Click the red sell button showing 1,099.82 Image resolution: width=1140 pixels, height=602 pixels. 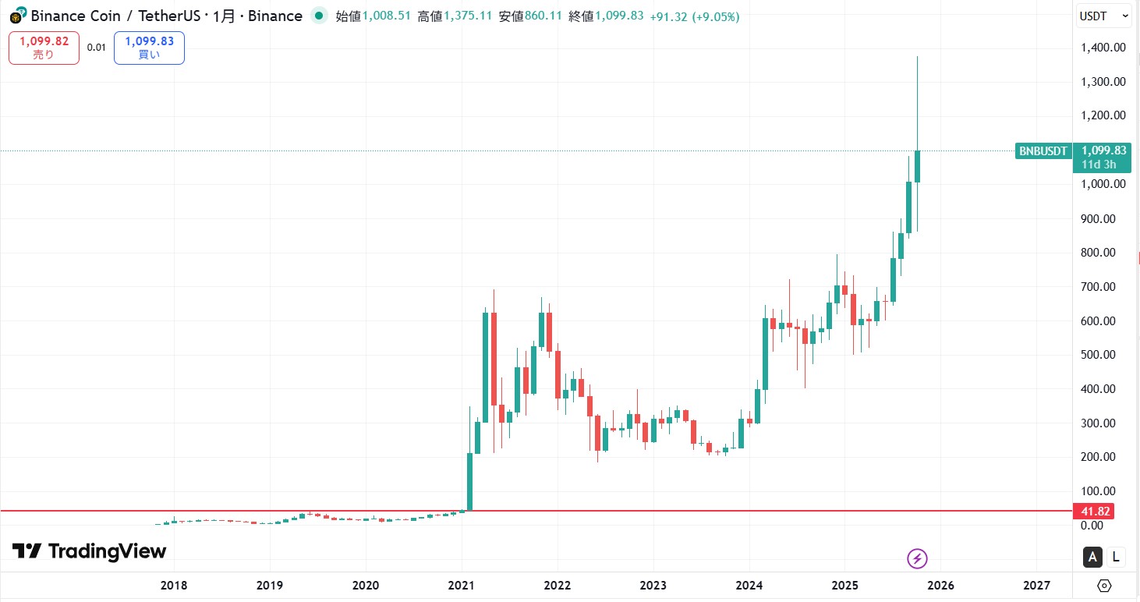pyautogui.click(x=44, y=48)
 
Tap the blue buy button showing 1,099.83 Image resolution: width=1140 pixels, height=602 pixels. pyautogui.click(x=149, y=48)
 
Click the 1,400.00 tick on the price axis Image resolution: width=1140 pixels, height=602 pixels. pyautogui.click(x=1103, y=48)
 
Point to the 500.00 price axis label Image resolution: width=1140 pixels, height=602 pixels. pyautogui.click(x=1103, y=355)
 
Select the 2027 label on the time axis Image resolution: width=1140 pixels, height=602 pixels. pyautogui.click(x=1036, y=586)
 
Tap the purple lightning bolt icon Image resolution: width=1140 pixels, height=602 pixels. pyautogui.click(x=918, y=558)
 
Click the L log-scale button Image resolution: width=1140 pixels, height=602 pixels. pyautogui.click(x=1116, y=557)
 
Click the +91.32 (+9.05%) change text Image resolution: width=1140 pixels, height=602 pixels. pyautogui.click(x=695, y=16)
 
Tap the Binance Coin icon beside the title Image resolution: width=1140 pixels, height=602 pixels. pyautogui.click(x=16, y=16)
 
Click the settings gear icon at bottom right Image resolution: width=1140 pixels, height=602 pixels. pyautogui.click(x=1104, y=586)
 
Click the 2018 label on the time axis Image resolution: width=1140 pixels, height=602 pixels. pyautogui.click(x=174, y=586)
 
